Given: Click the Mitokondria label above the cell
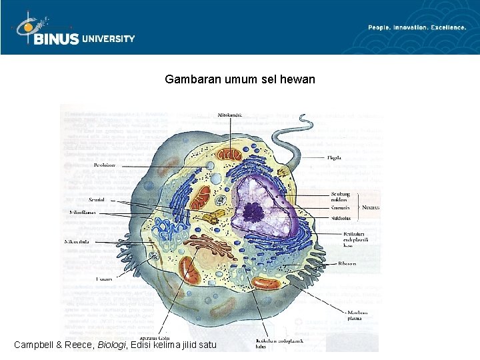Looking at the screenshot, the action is pos(231,115).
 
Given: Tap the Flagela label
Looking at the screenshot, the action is pos(334,158).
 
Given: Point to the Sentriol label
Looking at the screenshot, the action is pos(99,199).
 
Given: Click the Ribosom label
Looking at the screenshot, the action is pos(347,264).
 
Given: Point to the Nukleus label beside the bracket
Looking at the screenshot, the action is pos(371,207).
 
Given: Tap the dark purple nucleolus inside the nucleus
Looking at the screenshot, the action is pos(253,212).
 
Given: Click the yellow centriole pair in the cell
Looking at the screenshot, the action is pos(212,217).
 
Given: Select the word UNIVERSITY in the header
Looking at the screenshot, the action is pos(109,39).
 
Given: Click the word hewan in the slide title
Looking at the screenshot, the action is pos(298,80).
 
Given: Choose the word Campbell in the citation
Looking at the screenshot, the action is pos(37,345).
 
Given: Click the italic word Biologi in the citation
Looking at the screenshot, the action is pos(113,345).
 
